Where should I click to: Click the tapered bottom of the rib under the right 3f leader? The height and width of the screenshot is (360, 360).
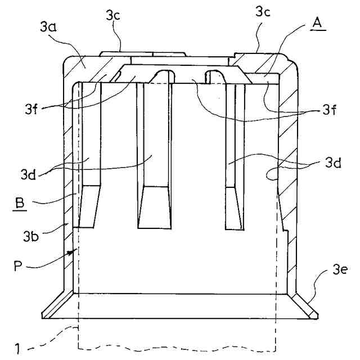pyautogui.click(x=233, y=208)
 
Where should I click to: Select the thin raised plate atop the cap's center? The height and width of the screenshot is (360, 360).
pyautogui.click(x=143, y=53)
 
